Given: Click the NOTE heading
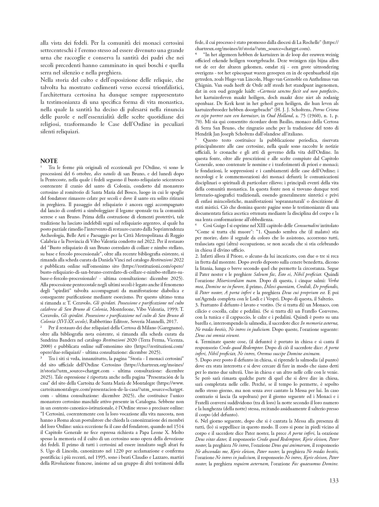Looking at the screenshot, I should click(x=49, y=161).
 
